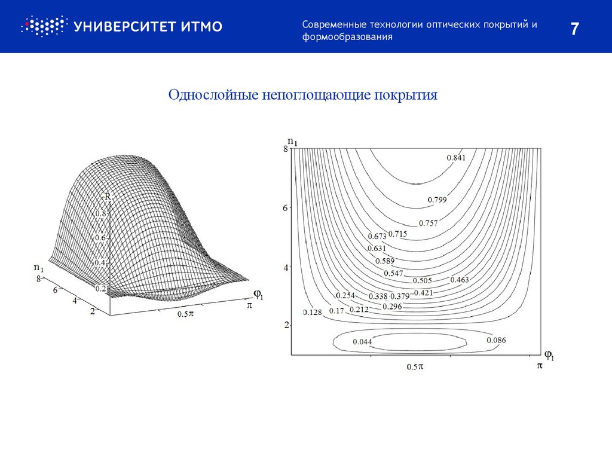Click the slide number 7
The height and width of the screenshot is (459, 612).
(x=574, y=29)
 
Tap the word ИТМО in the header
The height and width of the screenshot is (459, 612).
(x=200, y=26)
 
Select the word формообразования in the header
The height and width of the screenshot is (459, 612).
(x=347, y=37)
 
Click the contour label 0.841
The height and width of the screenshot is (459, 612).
(x=455, y=158)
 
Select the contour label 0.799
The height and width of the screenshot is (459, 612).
(x=437, y=199)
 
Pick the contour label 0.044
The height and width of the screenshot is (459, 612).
(x=362, y=341)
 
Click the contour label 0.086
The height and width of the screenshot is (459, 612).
(x=496, y=340)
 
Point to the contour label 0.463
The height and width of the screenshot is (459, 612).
(x=460, y=279)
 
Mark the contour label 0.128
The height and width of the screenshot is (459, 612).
(x=313, y=312)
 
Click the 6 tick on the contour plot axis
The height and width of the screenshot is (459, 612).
(x=286, y=207)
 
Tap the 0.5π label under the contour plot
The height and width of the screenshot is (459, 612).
(x=415, y=366)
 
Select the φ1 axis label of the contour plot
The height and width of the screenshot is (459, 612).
(x=548, y=356)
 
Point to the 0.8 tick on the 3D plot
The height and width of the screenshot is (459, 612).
(x=100, y=213)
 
